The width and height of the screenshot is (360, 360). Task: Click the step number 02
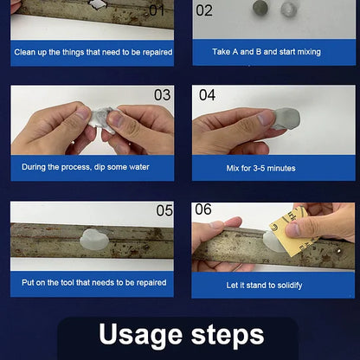tap(204, 10)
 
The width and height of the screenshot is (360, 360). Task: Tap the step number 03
tap(162, 95)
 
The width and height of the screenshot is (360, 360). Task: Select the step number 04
tap(207, 95)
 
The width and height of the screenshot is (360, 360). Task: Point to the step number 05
tap(164, 210)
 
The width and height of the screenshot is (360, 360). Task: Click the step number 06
tap(203, 209)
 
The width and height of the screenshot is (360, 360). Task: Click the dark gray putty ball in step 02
tap(260, 8)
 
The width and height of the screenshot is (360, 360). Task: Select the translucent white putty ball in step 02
tap(289, 9)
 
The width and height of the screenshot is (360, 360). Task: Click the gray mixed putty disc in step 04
tap(286, 119)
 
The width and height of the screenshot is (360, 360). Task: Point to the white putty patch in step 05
tap(94, 240)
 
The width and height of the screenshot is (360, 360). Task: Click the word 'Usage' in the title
tap(141, 336)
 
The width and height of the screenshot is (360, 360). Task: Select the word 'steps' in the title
tap(228, 336)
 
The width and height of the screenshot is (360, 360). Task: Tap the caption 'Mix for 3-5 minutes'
tap(260, 168)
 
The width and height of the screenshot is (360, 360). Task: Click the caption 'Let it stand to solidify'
tap(264, 286)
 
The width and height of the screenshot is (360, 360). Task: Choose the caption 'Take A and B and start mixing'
tap(267, 52)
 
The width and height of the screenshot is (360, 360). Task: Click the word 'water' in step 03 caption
tap(139, 167)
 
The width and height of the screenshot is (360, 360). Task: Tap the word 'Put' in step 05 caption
tap(28, 282)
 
